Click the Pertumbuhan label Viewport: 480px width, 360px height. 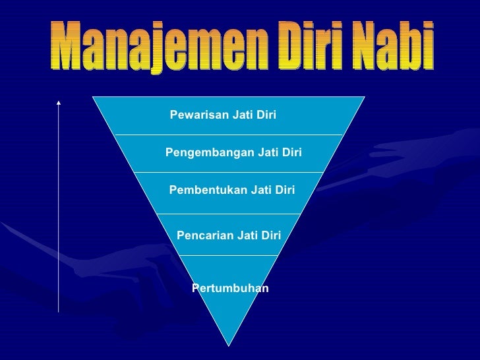tap(230, 288)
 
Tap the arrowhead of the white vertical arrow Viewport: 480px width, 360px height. tap(59, 103)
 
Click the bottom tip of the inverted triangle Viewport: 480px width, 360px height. tap(229, 345)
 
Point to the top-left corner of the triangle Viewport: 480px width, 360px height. tap(94, 96)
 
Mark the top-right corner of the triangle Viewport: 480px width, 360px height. tap(364, 96)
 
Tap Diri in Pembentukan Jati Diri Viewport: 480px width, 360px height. tap(284, 191)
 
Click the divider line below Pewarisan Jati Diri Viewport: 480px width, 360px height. tap(229, 135)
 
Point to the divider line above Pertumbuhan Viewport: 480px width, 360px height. tap(229, 255)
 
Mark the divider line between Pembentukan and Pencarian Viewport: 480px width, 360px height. tap(229, 214)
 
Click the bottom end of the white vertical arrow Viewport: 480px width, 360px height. tap(59, 310)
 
